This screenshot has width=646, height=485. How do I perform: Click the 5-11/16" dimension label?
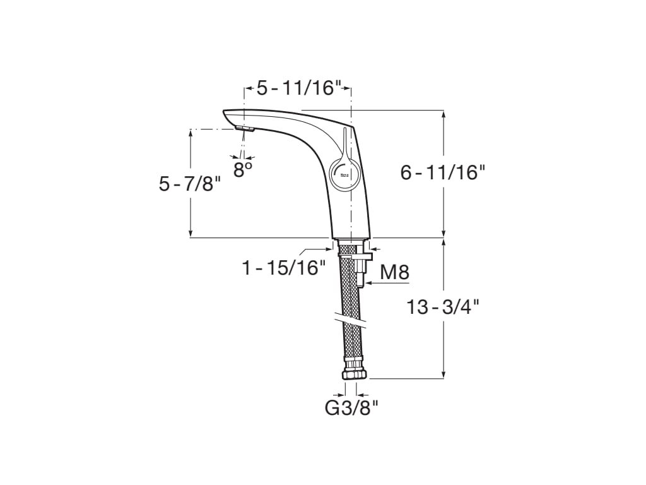(x=298, y=88)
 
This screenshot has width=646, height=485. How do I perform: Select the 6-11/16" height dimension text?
(x=443, y=172)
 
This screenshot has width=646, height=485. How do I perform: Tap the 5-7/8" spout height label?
(x=190, y=184)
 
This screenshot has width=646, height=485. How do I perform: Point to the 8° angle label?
(x=243, y=169)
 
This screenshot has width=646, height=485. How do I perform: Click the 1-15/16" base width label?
(x=284, y=268)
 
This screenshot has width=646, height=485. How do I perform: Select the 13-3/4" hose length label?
(x=443, y=308)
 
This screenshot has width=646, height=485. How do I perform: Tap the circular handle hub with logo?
(x=344, y=172)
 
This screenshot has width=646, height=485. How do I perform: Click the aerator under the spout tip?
(x=244, y=129)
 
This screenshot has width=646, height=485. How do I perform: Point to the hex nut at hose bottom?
(x=354, y=374)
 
